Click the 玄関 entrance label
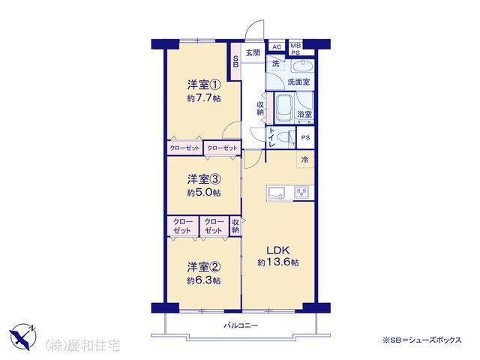tap(253, 52)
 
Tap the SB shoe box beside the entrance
tap(235, 61)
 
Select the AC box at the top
tap(277, 46)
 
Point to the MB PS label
tap(295, 49)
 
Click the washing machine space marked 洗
tap(275, 63)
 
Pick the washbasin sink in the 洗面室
tap(301, 66)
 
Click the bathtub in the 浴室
tap(284, 108)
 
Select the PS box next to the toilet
tap(305, 138)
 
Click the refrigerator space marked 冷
tap(305, 160)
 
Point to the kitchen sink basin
tap(277, 193)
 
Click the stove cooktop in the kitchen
tap(301, 193)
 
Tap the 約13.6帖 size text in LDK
tap(278, 262)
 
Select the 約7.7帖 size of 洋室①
tap(204, 98)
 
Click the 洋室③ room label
tap(204, 179)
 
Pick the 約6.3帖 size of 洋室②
tap(204, 280)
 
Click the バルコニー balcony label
tap(241, 325)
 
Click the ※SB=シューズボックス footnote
tap(421, 340)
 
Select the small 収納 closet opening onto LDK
tap(235, 226)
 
